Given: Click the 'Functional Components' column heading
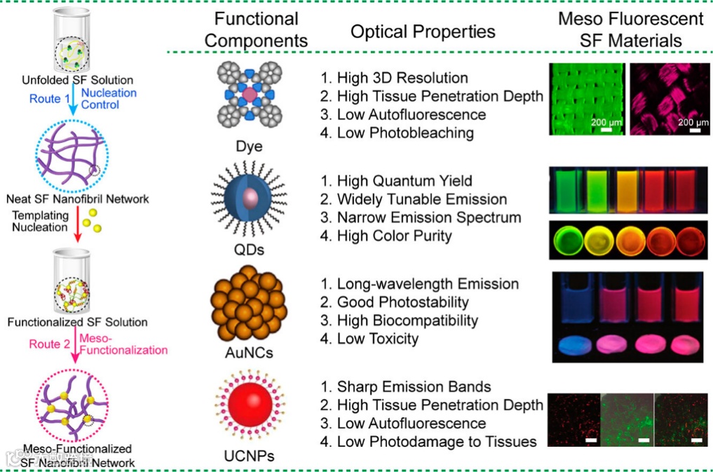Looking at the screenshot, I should coord(256,30).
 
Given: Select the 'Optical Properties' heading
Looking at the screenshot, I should coord(423,32).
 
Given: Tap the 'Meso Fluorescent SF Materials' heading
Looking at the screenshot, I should coord(630,29).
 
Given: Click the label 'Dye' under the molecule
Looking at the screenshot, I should coord(250,148).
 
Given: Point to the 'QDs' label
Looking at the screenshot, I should coord(250,250).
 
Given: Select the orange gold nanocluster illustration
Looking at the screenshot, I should coord(249,304).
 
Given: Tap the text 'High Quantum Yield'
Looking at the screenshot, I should coord(405,181).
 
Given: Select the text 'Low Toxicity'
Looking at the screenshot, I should coord(377,339).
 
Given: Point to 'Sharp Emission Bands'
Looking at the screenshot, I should coord(414,386).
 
